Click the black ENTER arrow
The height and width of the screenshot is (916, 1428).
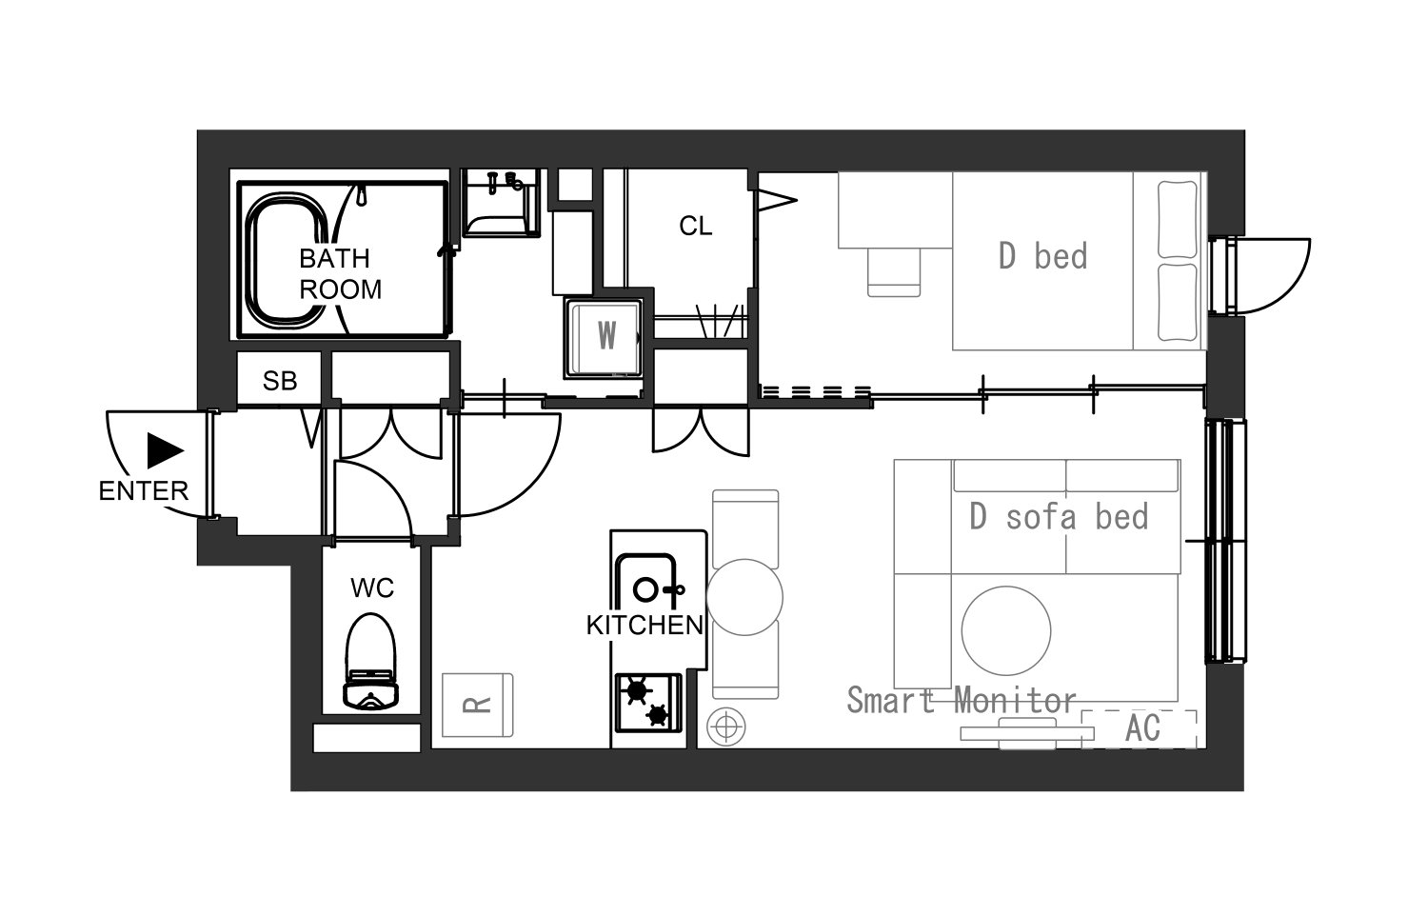165,450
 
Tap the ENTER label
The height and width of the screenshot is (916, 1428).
144,490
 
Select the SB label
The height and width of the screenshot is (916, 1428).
280,381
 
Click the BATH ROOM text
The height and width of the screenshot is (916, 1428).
340,274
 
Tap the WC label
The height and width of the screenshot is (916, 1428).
372,587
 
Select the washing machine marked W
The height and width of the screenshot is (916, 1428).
604,338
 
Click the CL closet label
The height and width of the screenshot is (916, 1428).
696,227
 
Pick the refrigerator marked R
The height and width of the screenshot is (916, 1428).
478,705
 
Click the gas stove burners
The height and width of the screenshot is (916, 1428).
647,703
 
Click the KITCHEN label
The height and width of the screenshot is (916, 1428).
645,626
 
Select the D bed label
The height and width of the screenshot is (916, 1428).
1043,256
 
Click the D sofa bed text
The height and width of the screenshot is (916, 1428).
1059,516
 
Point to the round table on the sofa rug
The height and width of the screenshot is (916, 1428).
1006,631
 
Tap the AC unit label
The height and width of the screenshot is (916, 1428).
1143,728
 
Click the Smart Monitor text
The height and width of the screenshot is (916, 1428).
962,700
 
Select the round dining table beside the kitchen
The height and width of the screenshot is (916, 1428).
744,597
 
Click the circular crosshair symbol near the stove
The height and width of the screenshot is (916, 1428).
726,727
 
